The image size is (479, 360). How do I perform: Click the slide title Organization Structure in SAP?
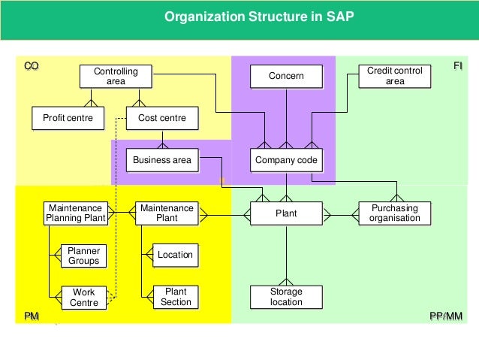239,16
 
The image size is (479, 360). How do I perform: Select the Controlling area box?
116,76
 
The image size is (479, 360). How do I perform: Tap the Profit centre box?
68,118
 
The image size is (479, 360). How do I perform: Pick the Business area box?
162,160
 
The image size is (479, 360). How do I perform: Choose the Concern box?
286,76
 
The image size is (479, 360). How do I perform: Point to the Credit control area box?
394,76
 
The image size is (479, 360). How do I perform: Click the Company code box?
286,160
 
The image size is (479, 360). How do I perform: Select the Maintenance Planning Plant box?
75,213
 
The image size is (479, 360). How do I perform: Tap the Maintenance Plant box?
167,213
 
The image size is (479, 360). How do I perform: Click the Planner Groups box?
84,256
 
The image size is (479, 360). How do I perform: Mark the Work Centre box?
84,297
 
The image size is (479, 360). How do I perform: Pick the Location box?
175,255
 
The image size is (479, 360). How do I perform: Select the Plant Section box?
175,297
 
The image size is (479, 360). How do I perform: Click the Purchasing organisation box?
394,213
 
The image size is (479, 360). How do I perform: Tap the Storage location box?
286,297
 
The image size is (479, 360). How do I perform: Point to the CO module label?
31,66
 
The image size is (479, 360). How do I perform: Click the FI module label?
457,66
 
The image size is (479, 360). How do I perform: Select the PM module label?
32,316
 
